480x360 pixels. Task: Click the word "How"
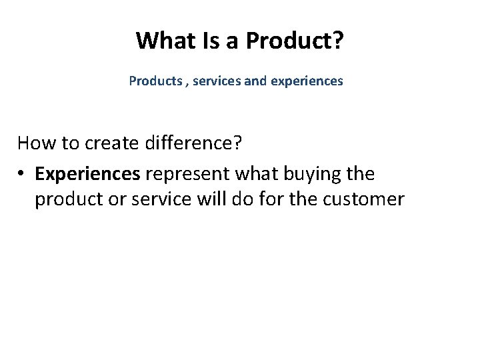point(37,143)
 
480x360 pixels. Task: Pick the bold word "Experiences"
point(87,174)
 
